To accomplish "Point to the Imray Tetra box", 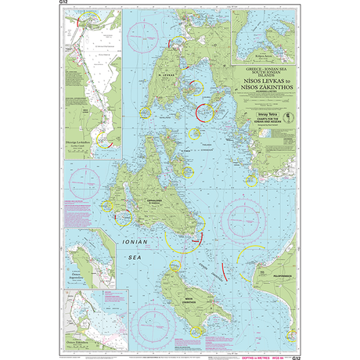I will [256, 115].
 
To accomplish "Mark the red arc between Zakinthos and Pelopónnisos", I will [226, 271].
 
